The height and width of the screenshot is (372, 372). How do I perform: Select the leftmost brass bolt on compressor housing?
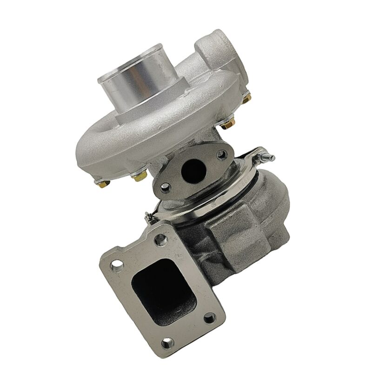[x=99, y=182]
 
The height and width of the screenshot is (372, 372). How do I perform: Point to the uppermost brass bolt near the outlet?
[x=246, y=97]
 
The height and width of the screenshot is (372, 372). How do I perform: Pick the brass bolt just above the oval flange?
[x=227, y=125]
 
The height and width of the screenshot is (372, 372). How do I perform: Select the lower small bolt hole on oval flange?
[x=163, y=188]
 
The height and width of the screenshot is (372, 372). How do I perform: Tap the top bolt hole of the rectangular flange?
[x=162, y=240]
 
